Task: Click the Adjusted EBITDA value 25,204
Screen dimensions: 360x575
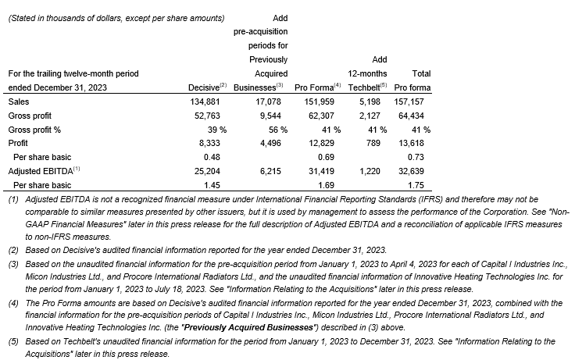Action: pos(208,171)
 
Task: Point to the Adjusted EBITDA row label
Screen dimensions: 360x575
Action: pos(39,171)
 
